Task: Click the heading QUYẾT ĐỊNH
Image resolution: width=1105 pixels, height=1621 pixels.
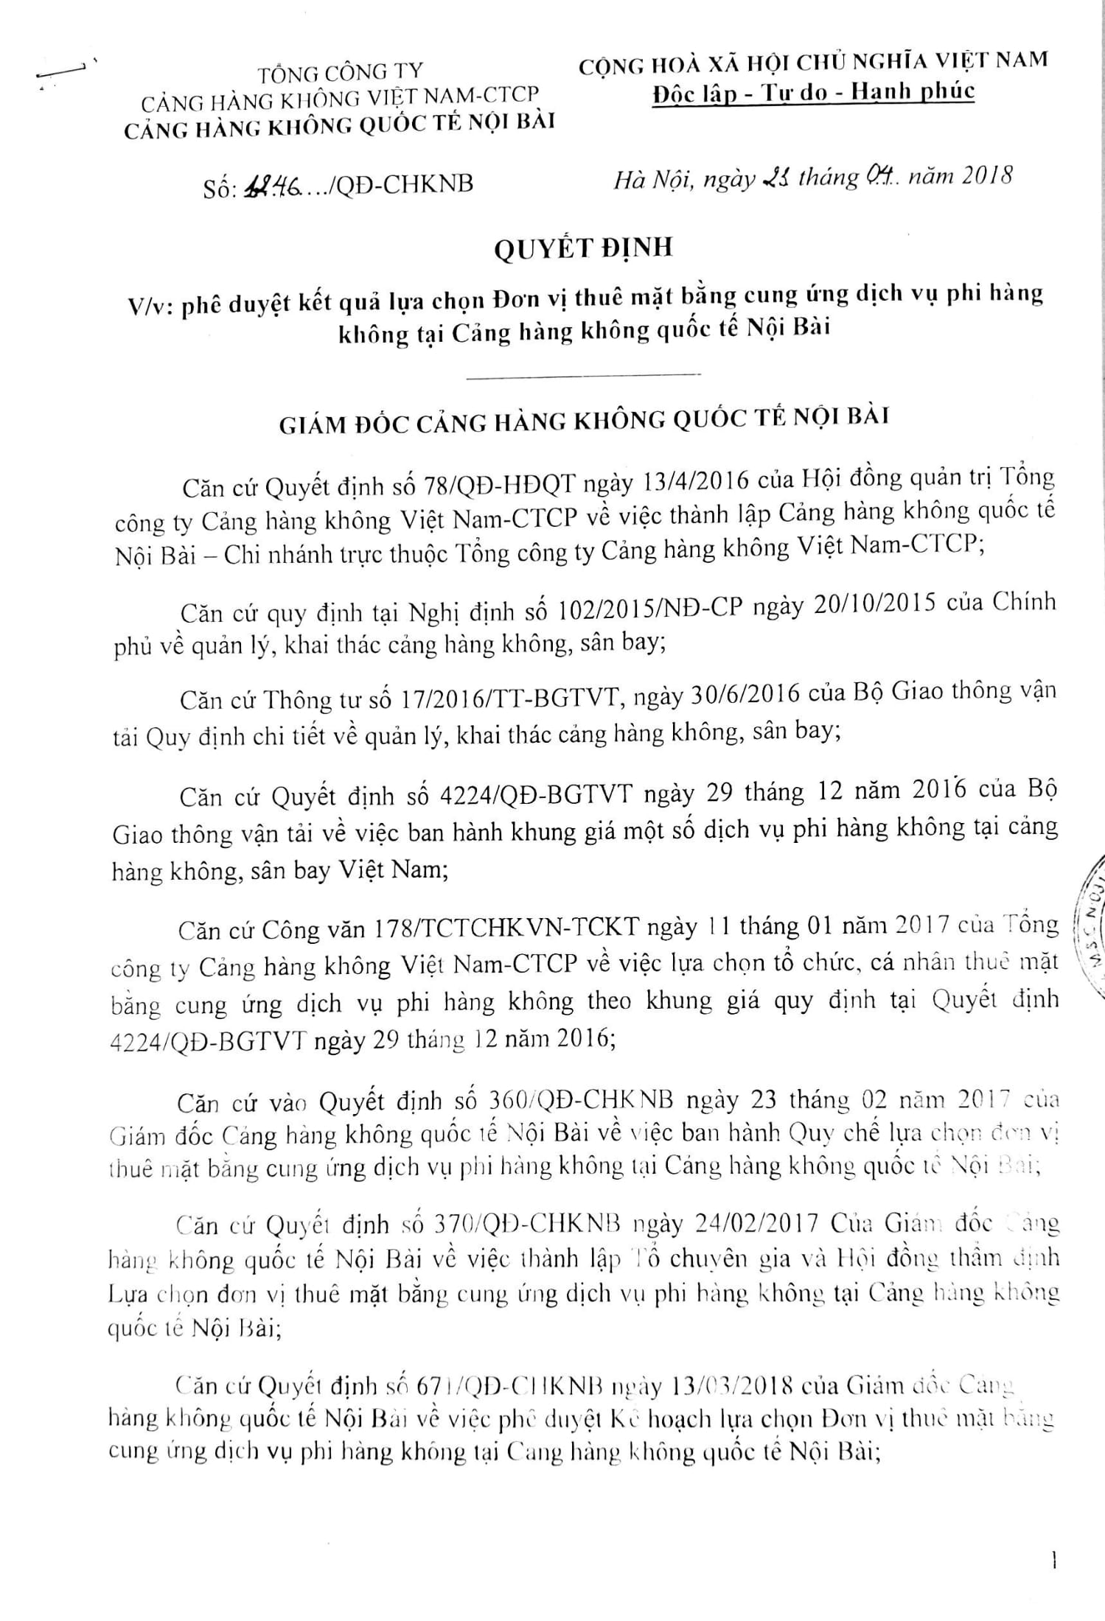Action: [582, 248]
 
